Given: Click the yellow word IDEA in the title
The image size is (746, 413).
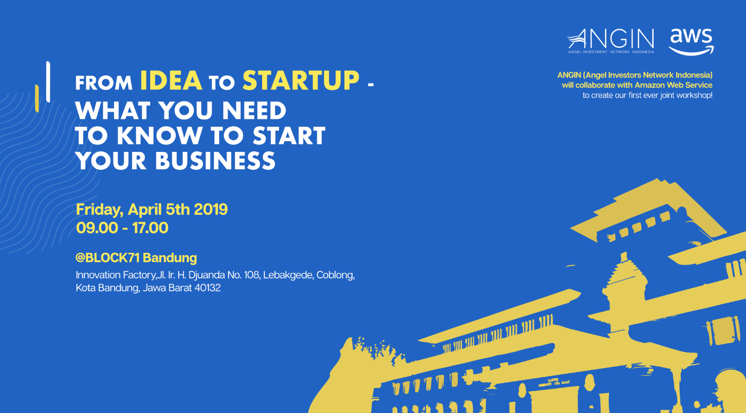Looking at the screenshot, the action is (x=171, y=81).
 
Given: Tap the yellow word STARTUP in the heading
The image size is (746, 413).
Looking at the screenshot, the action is (x=301, y=81).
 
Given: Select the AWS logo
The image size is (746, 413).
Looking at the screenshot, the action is (x=691, y=41).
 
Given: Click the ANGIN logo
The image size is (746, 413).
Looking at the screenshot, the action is (x=610, y=41).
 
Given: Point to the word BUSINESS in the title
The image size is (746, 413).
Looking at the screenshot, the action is (x=215, y=161).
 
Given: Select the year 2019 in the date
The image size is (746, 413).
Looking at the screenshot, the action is (x=211, y=209).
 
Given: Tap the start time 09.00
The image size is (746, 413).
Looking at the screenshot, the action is (x=97, y=228).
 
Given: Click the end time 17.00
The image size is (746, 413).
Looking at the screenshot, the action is (x=150, y=228).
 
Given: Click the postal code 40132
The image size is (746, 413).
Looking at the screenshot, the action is (x=207, y=288).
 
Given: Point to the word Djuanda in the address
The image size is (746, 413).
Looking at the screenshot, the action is (x=206, y=276).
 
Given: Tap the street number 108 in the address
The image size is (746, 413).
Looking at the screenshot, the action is (x=251, y=275).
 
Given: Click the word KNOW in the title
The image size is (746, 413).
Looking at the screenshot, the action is (x=160, y=136).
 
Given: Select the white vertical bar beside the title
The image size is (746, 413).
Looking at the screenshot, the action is (x=48, y=82).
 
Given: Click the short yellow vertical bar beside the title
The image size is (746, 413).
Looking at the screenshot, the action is (x=37, y=98).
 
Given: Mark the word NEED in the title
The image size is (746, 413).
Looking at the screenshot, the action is (x=254, y=110).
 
